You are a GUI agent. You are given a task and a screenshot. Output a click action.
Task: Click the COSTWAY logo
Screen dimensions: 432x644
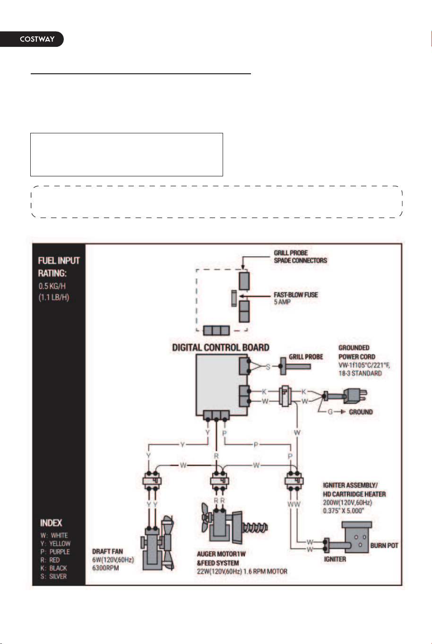coord(37,39)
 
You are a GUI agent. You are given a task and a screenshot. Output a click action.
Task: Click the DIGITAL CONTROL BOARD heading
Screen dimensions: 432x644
coord(220,348)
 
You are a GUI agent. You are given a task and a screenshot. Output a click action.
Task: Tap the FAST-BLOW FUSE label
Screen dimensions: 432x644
coord(296,295)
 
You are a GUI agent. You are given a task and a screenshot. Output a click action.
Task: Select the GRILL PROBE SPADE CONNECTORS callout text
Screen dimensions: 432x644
coord(300,257)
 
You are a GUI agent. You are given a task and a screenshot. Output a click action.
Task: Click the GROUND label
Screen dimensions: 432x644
coord(361,412)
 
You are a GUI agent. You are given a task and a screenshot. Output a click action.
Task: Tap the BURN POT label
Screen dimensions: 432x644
coord(384,545)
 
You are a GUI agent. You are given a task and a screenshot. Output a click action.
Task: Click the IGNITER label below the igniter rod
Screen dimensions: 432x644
coord(335,559)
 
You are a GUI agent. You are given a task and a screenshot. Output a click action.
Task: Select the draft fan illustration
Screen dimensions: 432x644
coord(157,544)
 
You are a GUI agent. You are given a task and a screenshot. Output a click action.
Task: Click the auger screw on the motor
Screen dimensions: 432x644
coord(255,527)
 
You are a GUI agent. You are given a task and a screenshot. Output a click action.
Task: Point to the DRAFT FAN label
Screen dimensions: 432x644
coord(107,551)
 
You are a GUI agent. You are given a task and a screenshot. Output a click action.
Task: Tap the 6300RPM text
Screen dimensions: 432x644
coord(105,568)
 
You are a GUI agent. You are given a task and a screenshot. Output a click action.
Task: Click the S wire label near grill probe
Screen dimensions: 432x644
coord(268,367)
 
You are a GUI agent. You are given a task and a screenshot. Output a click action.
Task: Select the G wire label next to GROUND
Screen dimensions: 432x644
coord(330,412)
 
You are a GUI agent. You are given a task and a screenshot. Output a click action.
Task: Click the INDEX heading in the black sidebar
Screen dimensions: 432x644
coord(51,522)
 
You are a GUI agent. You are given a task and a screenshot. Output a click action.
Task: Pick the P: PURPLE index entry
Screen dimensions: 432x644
coord(55,552)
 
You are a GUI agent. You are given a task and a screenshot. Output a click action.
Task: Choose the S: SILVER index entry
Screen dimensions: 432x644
coord(53,576)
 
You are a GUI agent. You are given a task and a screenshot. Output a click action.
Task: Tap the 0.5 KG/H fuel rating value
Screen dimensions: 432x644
coord(52,286)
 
